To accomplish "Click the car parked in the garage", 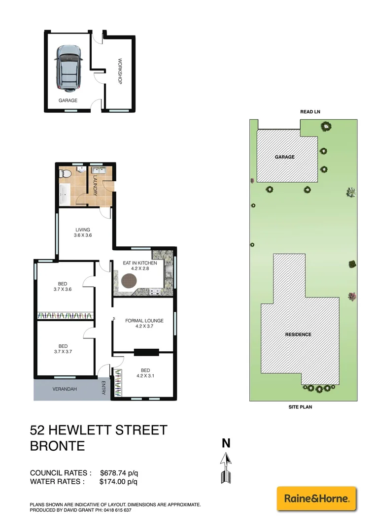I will tap(68, 68).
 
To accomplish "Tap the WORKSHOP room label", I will tap(119, 72).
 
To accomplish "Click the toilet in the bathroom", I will tap(65, 174).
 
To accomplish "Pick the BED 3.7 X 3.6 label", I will tap(63, 286).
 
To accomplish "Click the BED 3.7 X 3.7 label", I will tap(63, 349).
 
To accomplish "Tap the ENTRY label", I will tap(103, 387).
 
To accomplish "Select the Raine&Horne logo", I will tap(316, 499).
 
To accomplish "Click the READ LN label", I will tap(310, 112).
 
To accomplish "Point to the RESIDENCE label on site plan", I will tap(298, 334).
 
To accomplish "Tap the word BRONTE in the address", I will tap(57, 446).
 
